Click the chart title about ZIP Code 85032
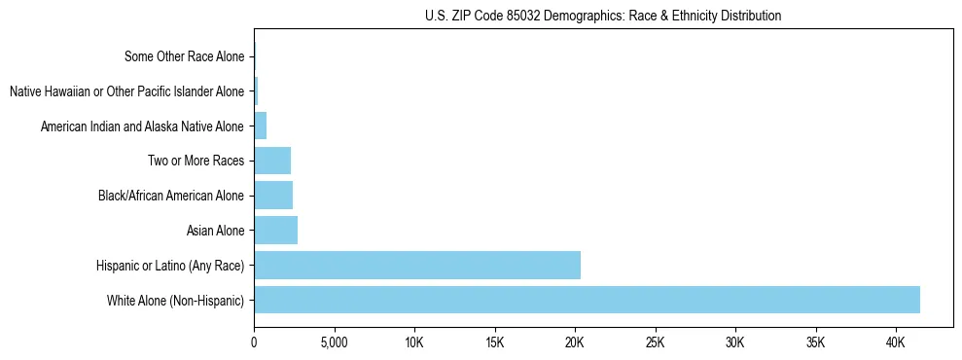(603, 16)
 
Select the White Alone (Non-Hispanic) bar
(587, 300)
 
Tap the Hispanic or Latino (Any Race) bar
(417, 265)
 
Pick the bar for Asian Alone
(275, 231)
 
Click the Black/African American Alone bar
(273, 196)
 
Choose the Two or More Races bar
(272, 161)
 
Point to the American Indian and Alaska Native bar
(260, 126)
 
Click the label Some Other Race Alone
(185, 56)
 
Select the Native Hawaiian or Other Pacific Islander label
(127, 91)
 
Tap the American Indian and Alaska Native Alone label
(143, 126)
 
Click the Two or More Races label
(196, 161)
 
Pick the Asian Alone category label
(215, 231)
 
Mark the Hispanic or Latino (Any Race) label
(170, 266)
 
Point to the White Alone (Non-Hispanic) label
(176, 301)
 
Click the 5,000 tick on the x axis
(334, 343)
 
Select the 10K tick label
(414, 343)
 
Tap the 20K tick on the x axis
(575, 343)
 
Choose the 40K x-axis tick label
(896, 343)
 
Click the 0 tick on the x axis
(254, 343)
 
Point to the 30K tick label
(735, 343)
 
